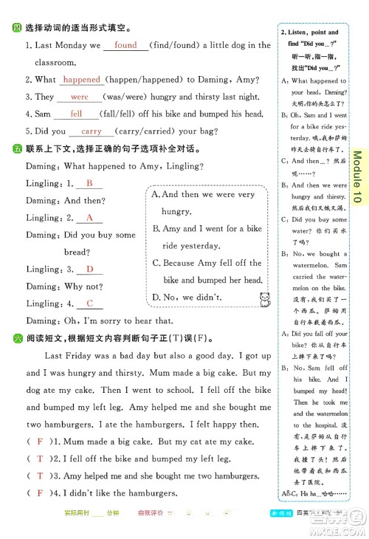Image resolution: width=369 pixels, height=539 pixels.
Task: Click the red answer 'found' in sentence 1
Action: pos(125,45)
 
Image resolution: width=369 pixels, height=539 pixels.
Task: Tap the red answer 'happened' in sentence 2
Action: pos(82,80)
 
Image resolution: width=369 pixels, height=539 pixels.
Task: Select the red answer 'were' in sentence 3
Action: pos(80,97)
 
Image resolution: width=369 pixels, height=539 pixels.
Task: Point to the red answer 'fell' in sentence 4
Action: pos(77,114)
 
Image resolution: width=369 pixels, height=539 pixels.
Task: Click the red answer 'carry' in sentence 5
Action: pos(92,131)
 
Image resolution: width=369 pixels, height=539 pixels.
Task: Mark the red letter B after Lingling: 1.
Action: pos(89,183)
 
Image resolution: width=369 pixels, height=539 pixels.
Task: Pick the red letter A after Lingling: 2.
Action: pos(89,218)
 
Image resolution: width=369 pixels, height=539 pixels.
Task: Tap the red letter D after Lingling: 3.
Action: pos(89,269)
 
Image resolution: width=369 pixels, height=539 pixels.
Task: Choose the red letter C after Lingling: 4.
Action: pos(89,303)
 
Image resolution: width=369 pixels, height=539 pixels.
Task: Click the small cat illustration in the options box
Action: pos(263,298)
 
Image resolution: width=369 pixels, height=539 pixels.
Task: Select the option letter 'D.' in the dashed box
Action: pos(156,298)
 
